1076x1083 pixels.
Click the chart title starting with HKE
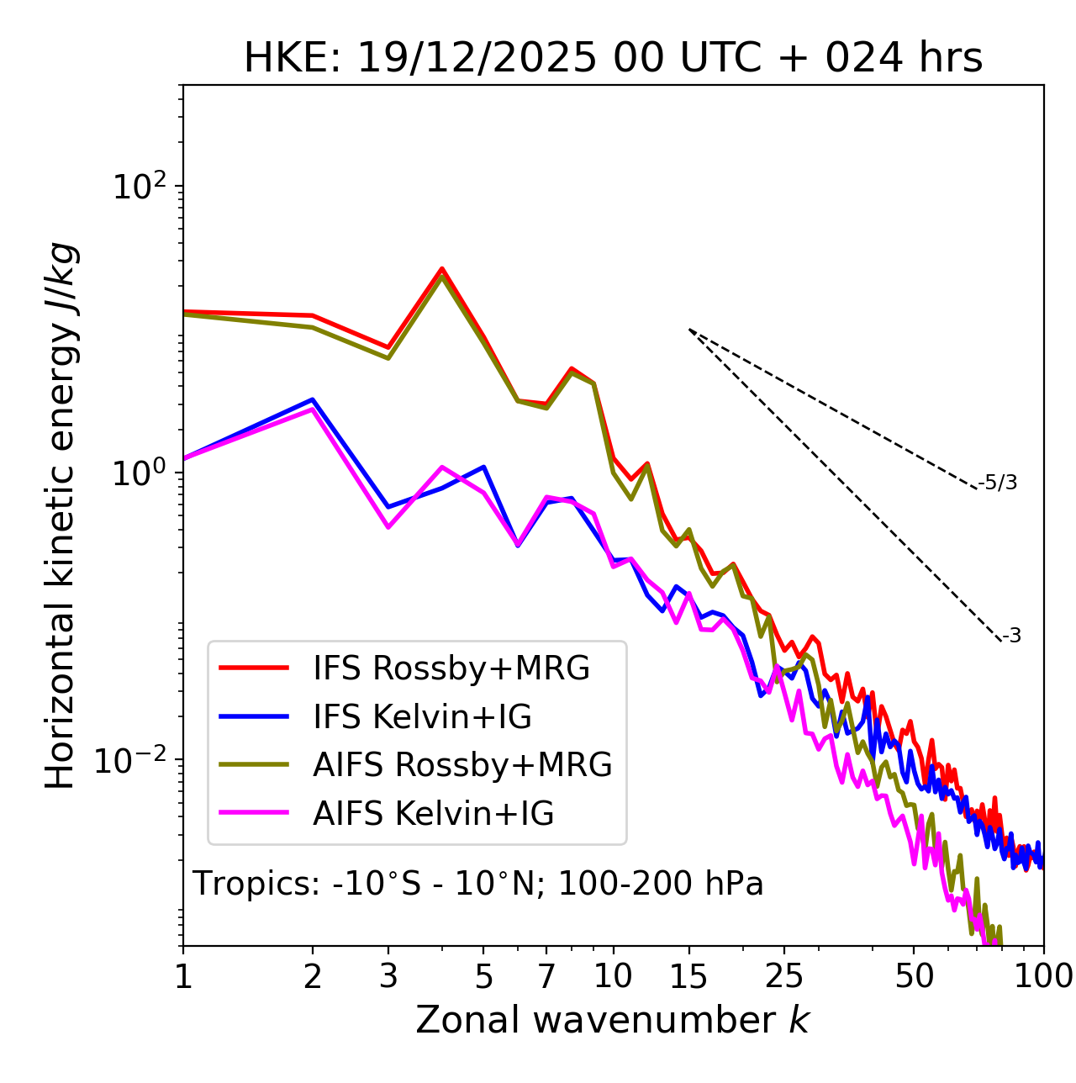click(x=613, y=58)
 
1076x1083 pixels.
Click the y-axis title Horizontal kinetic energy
click(x=61, y=516)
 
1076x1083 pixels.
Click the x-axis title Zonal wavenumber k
click(x=613, y=1019)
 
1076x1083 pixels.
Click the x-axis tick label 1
click(x=183, y=976)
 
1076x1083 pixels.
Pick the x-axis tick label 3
click(x=388, y=976)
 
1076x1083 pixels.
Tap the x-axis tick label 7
click(x=546, y=976)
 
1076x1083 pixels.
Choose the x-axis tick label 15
click(x=688, y=976)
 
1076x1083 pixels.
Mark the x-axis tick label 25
click(x=784, y=976)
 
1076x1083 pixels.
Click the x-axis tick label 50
click(x=914, y=976)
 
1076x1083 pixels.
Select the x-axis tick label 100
click(x=1043, y=976)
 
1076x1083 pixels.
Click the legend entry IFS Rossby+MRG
click(x=451, y=668)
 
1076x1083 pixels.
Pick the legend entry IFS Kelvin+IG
click(x=422, y=717)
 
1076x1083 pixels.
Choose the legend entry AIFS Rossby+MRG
click(x=462, y=765)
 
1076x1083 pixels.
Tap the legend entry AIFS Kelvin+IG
click(x=433, y=814)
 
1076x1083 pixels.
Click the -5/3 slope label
click(x=998, y=483)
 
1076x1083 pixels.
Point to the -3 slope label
click(x=1011, y=637)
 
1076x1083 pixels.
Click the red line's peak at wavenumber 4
click(x=441, y=269)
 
